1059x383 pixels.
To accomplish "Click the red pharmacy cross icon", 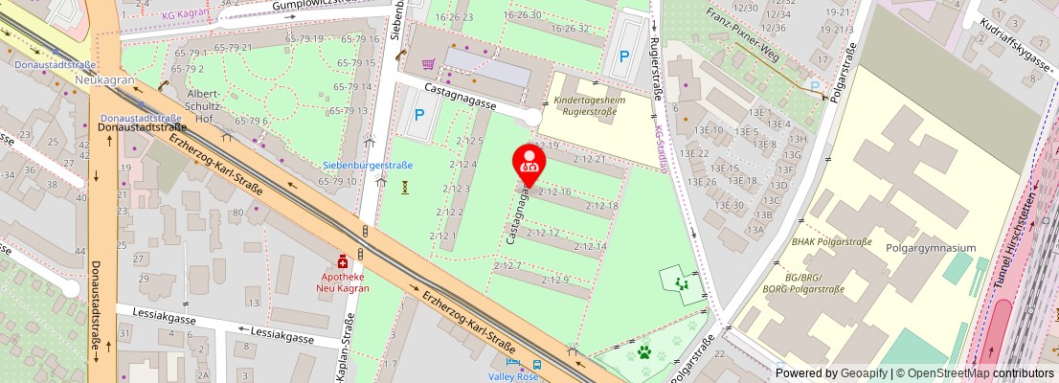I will pyautogui.click(x=343, y=260).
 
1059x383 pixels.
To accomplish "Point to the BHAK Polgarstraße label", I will pyautogui.click(x=831, y=242).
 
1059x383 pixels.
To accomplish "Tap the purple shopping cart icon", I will pyautogui.click(x=428, y=64).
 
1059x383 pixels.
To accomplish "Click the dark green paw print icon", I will pyautogui.click(x=647, y=351).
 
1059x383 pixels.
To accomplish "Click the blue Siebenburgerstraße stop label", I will pyautogui.click(x=367, y=165).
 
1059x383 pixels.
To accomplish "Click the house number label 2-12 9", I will pyautogui.click(x=555, y=280).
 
